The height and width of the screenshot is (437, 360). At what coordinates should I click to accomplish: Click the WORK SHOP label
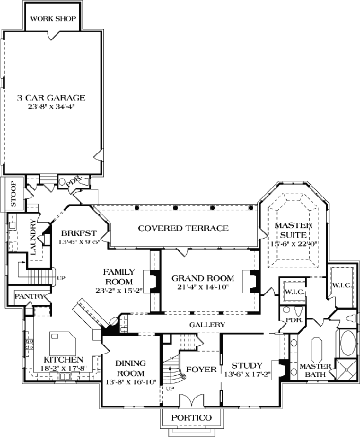tap(52, 19)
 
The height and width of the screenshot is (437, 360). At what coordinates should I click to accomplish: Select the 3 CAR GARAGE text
tap(51, 98)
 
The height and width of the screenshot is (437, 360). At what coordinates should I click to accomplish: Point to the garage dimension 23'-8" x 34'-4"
tap(51, 107)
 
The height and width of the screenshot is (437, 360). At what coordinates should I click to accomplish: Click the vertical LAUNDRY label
tap(34, 238)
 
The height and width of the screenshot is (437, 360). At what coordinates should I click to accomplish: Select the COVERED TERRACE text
tap(183, 228)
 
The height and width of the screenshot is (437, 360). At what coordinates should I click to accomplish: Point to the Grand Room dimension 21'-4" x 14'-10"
tap(203, 286)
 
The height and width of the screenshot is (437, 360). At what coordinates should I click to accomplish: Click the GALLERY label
tap(207, 324)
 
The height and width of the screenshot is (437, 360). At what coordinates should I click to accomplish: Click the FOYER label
tap(200, 369)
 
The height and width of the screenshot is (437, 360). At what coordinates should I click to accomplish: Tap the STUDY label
tap(247, 365)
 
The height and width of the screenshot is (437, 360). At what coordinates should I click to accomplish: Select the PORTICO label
tap(191, 418)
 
